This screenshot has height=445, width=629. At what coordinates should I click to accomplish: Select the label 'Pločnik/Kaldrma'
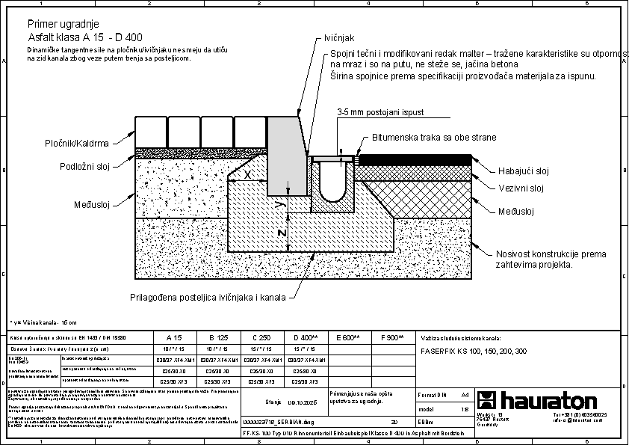pos(76,144)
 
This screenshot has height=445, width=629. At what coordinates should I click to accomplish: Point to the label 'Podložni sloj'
pos(84,167)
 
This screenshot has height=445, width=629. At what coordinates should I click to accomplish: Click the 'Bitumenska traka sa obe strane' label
pos(433,138)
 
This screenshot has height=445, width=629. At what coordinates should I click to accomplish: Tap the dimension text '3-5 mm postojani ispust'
pos(379,111)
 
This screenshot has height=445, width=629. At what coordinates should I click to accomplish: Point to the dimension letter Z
pos(281,233)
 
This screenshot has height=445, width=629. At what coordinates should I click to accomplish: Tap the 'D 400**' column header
pos(306,338)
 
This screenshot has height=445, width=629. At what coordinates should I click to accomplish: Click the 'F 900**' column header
pos(392,338)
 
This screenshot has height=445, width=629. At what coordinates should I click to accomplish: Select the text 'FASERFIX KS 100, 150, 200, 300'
pos(473,350)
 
